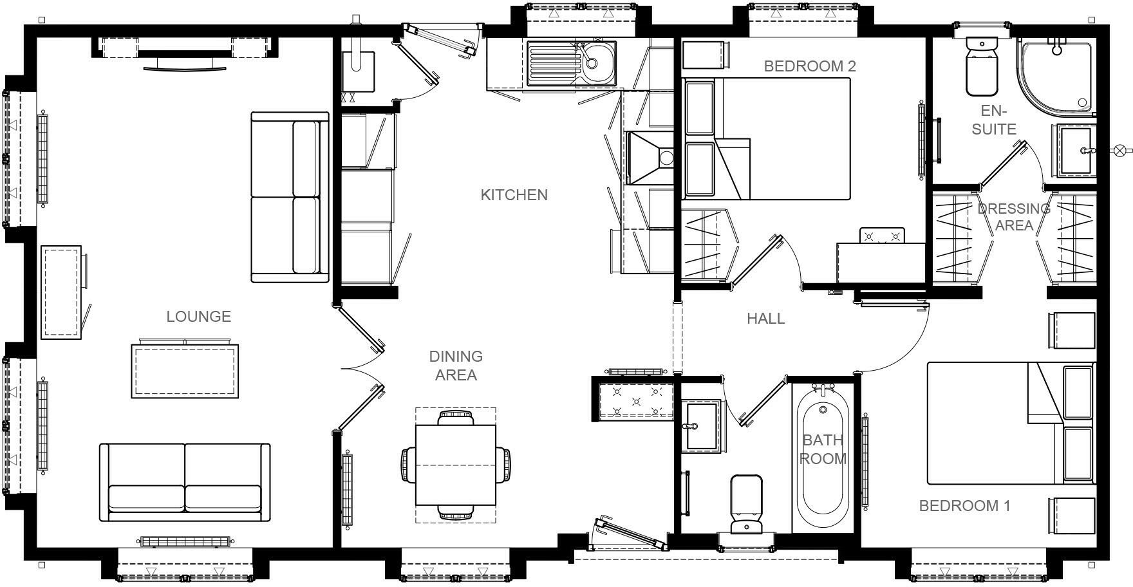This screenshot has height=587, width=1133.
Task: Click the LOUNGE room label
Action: tap(198, 316)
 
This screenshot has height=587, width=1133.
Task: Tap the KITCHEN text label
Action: tap(514, 194)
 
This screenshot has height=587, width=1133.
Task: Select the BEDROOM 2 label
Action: tap(809, 66)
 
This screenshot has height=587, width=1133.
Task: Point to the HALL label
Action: tap(765, 318)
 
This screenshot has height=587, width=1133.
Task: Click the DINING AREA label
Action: tap(456, 365)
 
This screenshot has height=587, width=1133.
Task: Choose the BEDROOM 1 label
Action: tap(964, 506)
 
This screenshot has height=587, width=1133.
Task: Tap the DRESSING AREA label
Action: tap(1014, 217)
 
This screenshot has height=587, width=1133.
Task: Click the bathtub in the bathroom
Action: tap(822, 457)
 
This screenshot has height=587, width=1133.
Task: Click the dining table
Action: tap(456, 465)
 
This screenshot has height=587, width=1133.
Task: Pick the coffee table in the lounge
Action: tap(185, 371)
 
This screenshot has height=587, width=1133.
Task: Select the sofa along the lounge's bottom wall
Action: tap(185, 483)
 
